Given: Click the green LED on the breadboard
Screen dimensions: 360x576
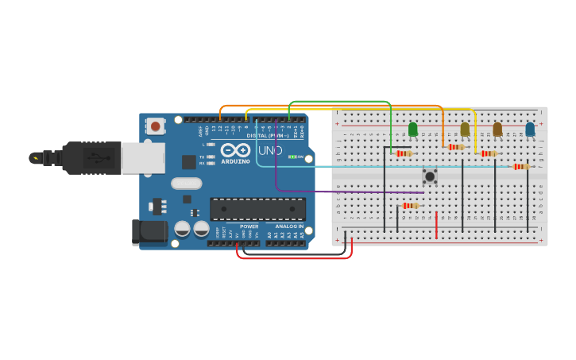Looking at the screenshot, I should click(412, 129).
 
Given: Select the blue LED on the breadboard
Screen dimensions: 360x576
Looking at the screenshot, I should click(530, 129).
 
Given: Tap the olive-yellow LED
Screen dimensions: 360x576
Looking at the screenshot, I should click(465, 129).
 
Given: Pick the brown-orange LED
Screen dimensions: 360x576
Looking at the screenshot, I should click(497, 129).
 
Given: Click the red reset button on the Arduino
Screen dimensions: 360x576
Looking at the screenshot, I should click(155, 126).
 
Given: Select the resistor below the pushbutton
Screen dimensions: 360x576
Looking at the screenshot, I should click(410, 206).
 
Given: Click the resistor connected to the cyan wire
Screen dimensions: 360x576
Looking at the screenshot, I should click(520, 166).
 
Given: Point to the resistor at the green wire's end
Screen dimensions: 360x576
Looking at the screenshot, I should click(404, 153).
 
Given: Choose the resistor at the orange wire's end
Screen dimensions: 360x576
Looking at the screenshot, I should click(455, 147).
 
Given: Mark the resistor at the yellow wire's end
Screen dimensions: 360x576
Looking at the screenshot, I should click(489, 153).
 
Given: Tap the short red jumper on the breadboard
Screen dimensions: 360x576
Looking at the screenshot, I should click(436, 225).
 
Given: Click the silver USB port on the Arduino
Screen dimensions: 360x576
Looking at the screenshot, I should click(143, 157).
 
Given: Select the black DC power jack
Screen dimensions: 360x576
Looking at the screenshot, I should click(149, 231).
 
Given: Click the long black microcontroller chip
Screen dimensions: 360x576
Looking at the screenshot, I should click(257, 209).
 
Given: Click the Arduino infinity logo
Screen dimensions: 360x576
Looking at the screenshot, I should click(235, 150).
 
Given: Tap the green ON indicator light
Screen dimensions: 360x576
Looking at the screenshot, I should click(292, 157).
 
